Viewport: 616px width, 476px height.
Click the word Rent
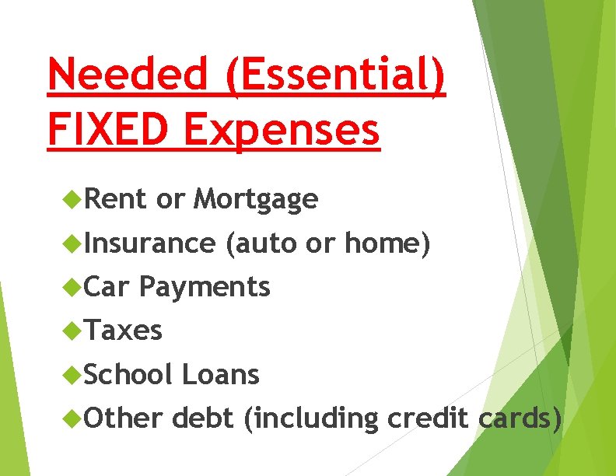click(x=116, y=200)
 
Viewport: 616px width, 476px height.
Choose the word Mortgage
click(x=256, y=201)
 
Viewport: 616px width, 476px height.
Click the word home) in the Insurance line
click(x=387, y=243)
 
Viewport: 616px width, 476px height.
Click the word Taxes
click(x=124, y=331)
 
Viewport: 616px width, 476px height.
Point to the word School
click(x=128, y=374)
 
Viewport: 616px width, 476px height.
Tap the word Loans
click(x=220, y=374)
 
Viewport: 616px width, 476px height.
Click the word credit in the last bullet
click(x=427, y=418)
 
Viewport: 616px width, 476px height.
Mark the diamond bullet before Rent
click(x=74, y=201)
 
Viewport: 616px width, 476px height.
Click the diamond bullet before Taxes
click(x=74, y=331)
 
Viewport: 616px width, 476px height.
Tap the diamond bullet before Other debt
click(x=74, y=418)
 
